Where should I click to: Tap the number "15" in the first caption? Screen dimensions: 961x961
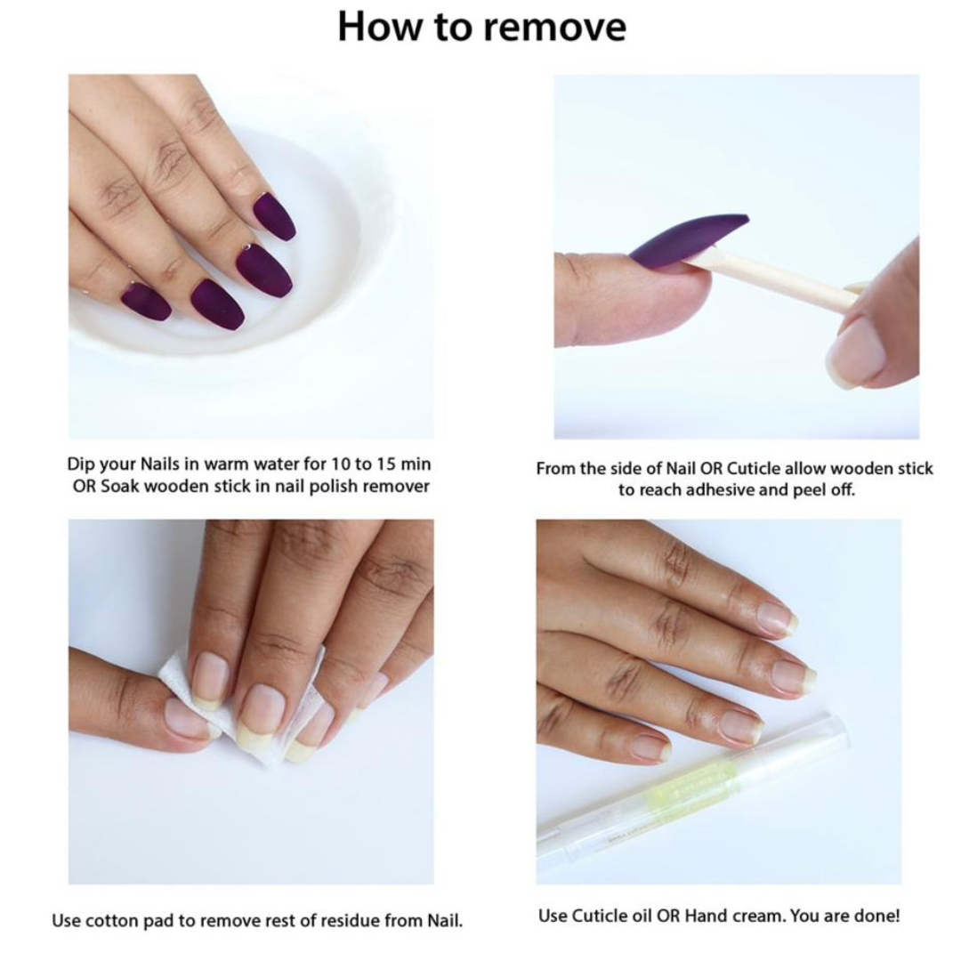[x=386, y=464]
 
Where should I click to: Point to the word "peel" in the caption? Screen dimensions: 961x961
[x=808, y=491]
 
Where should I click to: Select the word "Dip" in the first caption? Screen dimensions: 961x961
[x=80, y=464]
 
